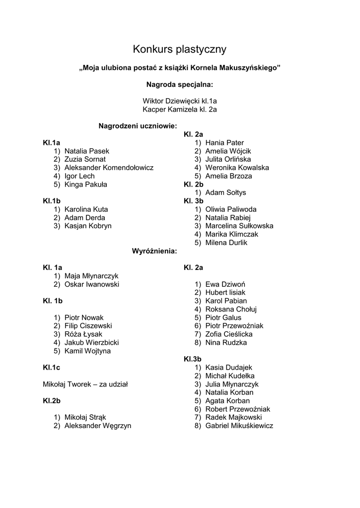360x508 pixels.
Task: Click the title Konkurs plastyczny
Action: pos(180,49)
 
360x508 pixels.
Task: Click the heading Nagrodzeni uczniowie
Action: pos(138,126)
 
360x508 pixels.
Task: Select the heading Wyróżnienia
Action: pos(154,251)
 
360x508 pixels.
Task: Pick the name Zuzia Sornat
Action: pos(85,159)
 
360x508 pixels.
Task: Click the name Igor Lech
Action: pos(79,176)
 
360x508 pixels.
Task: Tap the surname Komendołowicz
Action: pos(128,168)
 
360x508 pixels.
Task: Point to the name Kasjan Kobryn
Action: pos(88,226)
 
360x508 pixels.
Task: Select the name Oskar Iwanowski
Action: pos(92,284)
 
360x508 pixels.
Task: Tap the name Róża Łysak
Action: pos(83,334)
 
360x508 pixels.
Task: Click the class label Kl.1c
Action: pos(51,368)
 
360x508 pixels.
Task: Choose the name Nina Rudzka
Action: pos(226,342)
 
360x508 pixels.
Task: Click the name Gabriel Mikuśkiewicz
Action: pos(239,426)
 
